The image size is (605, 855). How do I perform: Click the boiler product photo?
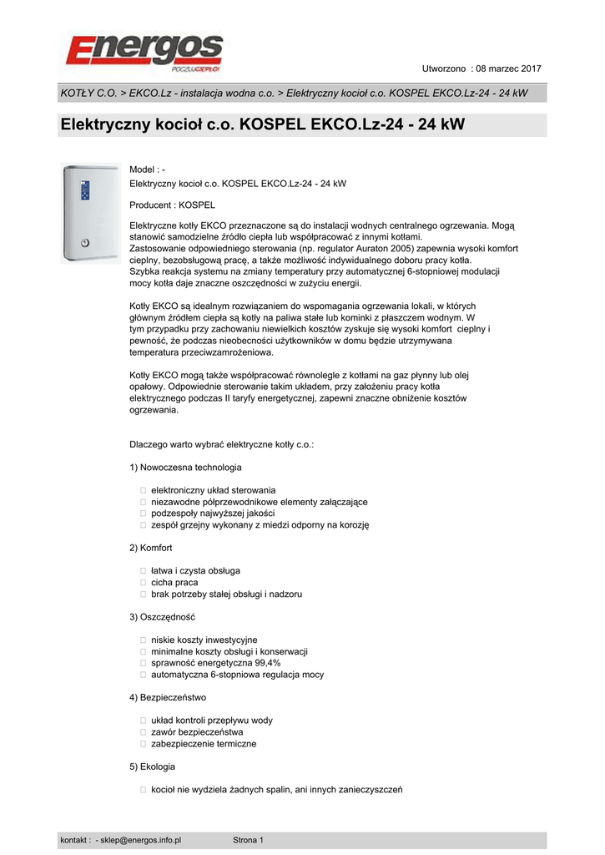click(86, 212)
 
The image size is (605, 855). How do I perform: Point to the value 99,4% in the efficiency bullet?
click(263, 663)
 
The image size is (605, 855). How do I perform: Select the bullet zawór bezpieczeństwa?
click(197, 731)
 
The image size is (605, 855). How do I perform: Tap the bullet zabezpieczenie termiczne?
click(204, 743)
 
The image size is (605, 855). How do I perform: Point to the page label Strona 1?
click(248, 840)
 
